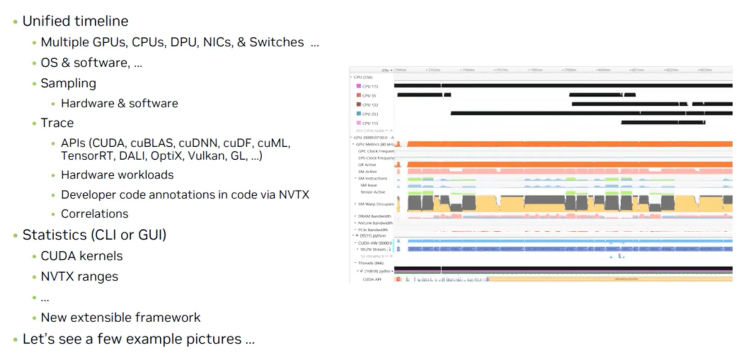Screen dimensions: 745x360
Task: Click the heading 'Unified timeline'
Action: click(75, 21)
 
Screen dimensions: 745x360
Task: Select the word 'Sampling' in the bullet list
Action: click(68, 83)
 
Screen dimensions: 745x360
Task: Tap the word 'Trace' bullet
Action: click(57, 123)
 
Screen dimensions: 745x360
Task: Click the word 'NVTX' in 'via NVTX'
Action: click(293, 195)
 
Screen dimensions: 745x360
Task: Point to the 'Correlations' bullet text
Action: click(95, 214)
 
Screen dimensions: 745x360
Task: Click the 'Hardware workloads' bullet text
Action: click(117, 175)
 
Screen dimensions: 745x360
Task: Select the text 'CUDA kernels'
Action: click(82, 256)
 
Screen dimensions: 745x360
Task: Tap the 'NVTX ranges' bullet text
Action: click(79, 277)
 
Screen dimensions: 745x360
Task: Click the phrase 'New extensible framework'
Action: click(120, 317)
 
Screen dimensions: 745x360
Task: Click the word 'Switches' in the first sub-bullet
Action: click(276, 42)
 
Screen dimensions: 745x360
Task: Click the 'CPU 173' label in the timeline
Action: click(370, 86)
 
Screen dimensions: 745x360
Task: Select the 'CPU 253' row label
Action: click(370, 114)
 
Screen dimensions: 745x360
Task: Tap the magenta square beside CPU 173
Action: click(358, 86)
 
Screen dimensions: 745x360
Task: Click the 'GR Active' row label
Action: click(367, 165)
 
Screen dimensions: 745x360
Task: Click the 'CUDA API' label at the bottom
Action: click(372, 280)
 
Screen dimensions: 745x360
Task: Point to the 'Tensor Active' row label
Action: click(372, 192)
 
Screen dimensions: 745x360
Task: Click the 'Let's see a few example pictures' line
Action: click(138, 339)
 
